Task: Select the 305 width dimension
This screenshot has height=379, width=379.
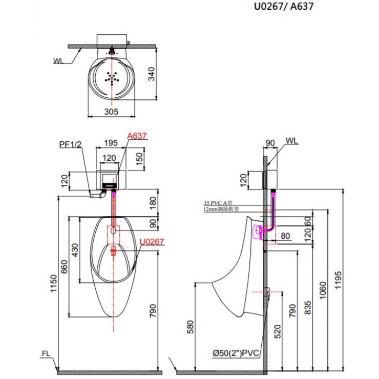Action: coord(111,111)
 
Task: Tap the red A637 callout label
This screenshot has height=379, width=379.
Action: coord(137,136)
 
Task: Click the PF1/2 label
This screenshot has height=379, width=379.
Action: coord(70,145)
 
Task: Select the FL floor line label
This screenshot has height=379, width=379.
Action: coord(47,353)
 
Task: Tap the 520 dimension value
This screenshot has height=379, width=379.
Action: coord(278,333)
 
